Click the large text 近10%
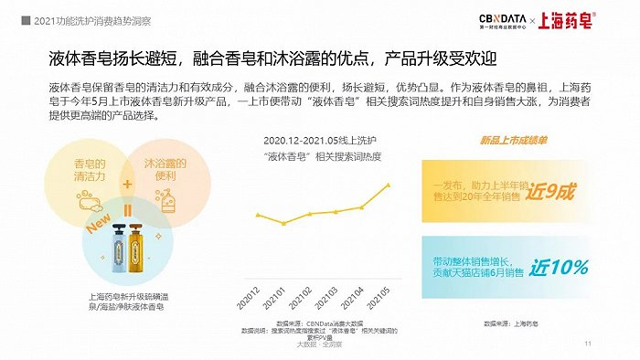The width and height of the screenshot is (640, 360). (559, 268)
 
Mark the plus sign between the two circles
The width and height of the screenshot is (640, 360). (128, 183)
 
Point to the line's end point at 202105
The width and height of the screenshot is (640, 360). (390, 185)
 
